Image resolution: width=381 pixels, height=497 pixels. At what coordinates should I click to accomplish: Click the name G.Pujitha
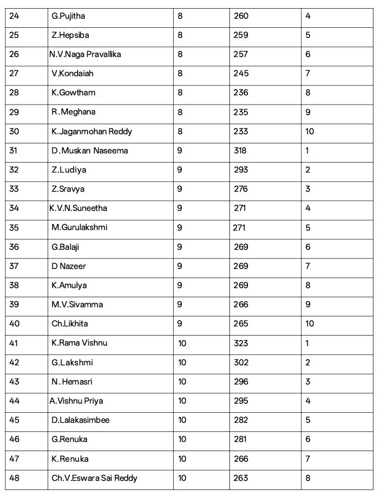[x=68, y=16]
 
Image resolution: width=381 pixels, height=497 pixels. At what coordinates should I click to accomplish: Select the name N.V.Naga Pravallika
[x=85, y=54]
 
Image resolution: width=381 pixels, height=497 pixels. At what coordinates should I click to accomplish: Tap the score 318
[x=240, y=150]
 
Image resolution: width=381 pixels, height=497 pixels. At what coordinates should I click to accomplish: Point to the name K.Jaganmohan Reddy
[x=91, y=131]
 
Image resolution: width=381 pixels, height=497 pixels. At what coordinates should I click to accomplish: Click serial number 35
[x=15, y=228]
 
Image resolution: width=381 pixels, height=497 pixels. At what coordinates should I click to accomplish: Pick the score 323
[x=240, y=343]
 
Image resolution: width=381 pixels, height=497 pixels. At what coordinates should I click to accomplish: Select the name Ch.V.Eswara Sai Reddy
[x=94, y=478]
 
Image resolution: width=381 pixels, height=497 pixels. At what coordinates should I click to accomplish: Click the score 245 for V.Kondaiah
[x=241, y=73]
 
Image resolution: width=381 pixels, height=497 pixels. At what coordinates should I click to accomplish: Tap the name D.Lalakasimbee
[x=80, y=420]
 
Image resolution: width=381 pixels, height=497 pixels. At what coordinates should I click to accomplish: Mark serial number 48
[x=15, y=478]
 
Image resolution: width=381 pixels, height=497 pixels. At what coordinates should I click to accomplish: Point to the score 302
[x=241, y=362]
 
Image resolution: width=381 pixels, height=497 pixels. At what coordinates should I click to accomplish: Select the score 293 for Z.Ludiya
[x=240, y=170]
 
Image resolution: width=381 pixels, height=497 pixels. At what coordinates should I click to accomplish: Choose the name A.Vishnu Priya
[x=76, y=401]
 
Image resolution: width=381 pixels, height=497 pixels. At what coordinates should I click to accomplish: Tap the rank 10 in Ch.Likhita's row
[x=310, y=323]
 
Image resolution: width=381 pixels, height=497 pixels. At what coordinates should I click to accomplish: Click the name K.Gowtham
[x=73, y=92]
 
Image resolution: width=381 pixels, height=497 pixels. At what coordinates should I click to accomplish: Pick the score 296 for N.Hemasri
[x=241, y=381]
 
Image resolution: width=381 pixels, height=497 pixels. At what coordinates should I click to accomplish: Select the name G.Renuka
[x=69, y=440]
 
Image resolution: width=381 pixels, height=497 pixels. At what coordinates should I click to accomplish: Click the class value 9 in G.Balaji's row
[x=180, y=247]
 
